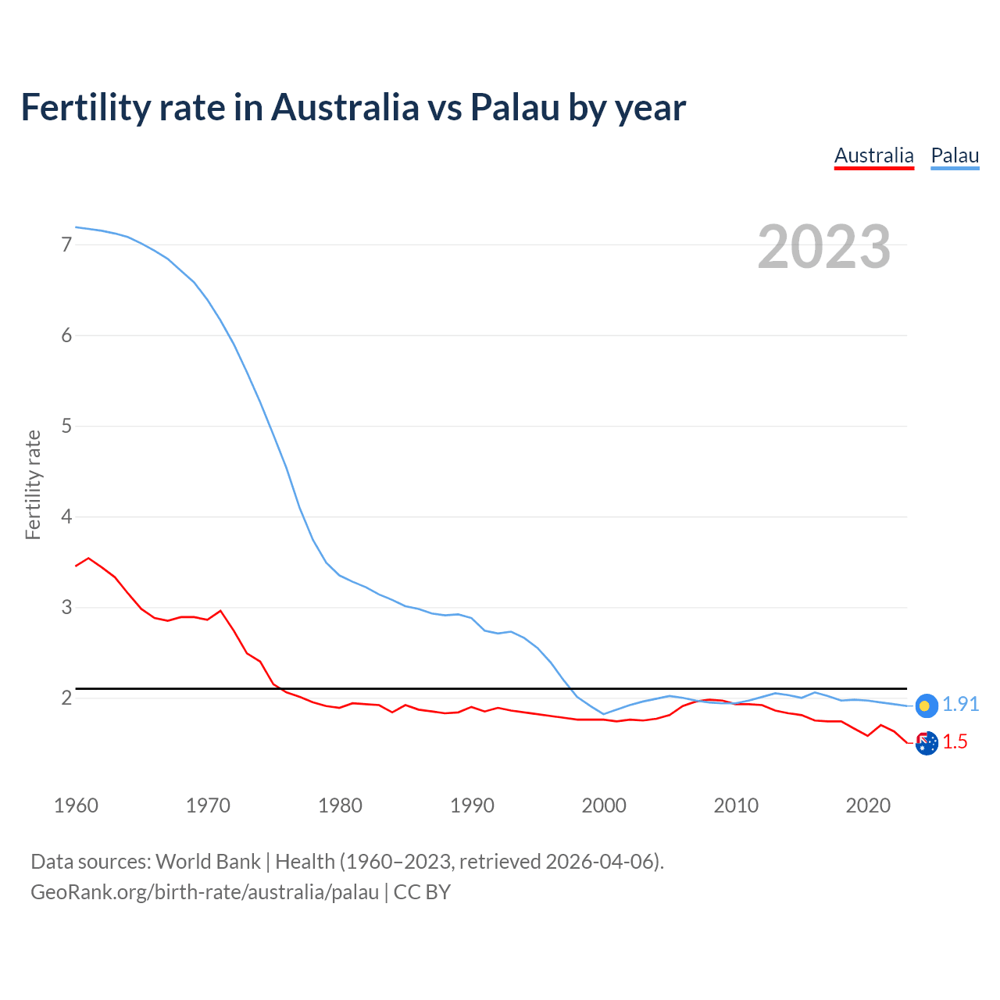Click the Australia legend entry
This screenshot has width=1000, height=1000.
click(873, 155)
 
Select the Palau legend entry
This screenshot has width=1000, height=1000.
click(955, 155)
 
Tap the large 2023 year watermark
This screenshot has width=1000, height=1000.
click(824, 247)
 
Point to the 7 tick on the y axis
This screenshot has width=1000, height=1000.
click(66, 245)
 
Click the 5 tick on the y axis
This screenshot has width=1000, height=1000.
click(66, 426)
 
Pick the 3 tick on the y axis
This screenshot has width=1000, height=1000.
click(66, 607)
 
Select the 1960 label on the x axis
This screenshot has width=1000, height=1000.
click(76, 805)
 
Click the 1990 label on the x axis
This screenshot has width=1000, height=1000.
click(472, 805)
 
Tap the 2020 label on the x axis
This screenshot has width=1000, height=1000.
click(868, 805)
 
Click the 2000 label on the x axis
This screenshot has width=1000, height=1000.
click(604, 805)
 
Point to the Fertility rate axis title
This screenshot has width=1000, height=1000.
click(33, 484)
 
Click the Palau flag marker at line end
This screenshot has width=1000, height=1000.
click(926, 705)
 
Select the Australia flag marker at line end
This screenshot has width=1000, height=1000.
click(926, 743)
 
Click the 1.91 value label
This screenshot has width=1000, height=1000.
click(960, 704)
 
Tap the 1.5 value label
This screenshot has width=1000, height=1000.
click(955, 741)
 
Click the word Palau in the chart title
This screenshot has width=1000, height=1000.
click(514, 107)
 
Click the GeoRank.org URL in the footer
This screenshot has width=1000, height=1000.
click(205, 891)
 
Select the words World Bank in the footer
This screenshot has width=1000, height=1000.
click(208, 861)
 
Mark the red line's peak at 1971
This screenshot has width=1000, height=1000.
click(220, 611)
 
